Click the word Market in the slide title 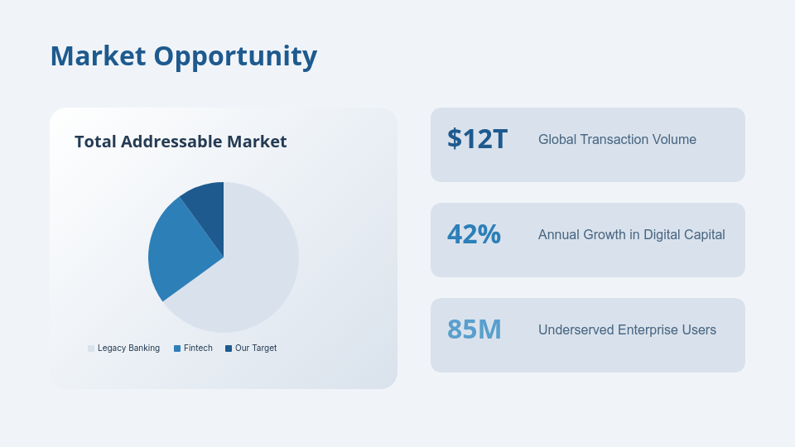(99, 56)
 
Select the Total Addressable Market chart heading (181, 142)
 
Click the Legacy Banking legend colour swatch (91, 348)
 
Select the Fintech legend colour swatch (177, 348)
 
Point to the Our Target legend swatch (229, 348)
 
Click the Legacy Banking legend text (128, 348)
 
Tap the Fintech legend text (198, 348)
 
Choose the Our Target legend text (256, 348)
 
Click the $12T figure (477, 139)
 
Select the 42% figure (474, 234)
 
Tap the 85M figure (475, 329)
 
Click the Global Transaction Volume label (617, 140)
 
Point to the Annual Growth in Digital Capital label (631, 235)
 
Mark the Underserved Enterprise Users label (627, 330)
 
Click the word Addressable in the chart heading (171, 142)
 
